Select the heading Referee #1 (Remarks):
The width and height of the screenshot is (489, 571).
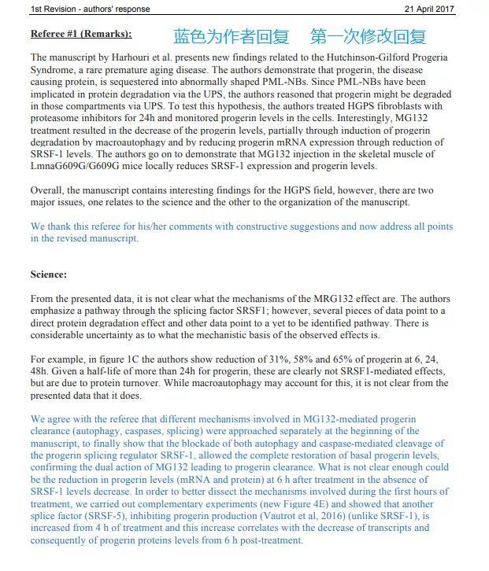click(81, 35)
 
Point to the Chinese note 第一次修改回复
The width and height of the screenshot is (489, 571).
click(369, 36)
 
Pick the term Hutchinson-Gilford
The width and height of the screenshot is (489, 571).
click(350, 58)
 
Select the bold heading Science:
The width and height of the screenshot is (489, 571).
click(49, 274)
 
